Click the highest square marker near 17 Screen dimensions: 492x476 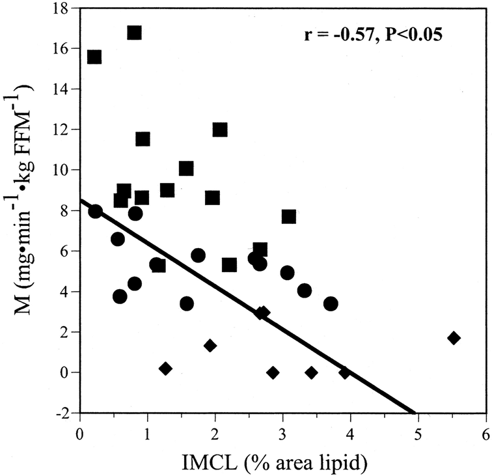(134, 33)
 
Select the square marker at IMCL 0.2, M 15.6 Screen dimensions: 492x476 (94, 57)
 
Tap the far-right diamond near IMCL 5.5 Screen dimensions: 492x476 (454, 338)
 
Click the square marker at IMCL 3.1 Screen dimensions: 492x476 (289, 217)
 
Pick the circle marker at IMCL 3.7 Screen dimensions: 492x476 (331, 303)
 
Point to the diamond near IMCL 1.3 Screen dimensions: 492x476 (166, 369)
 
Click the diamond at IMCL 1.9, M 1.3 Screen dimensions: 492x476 (210, 346)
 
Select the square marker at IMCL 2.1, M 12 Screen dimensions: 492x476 (220, 130)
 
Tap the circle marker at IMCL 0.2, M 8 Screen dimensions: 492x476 (95, 212)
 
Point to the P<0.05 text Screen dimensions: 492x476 (413, 35)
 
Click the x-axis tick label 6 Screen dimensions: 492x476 (485, 436)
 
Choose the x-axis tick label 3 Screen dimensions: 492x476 (283, 436)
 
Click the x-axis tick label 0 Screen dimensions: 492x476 (80, 436)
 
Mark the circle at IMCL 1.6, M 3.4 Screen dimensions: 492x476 (187, 303)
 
